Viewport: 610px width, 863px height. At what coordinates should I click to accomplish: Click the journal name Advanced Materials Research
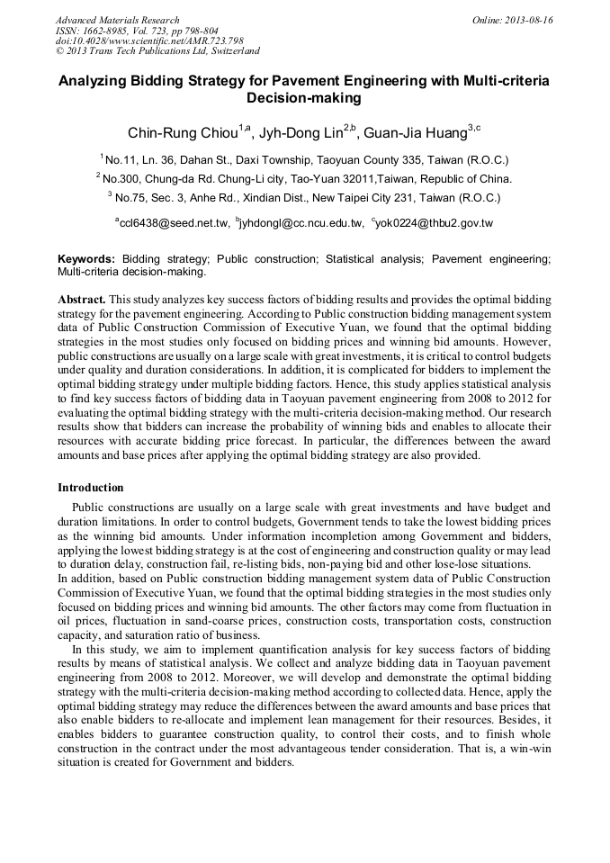(118, 20)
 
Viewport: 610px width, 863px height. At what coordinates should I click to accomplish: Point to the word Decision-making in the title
(304, 97)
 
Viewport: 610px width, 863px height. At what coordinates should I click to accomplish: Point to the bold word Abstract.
(82, 298)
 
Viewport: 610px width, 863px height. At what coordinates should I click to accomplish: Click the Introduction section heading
(90, 487)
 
